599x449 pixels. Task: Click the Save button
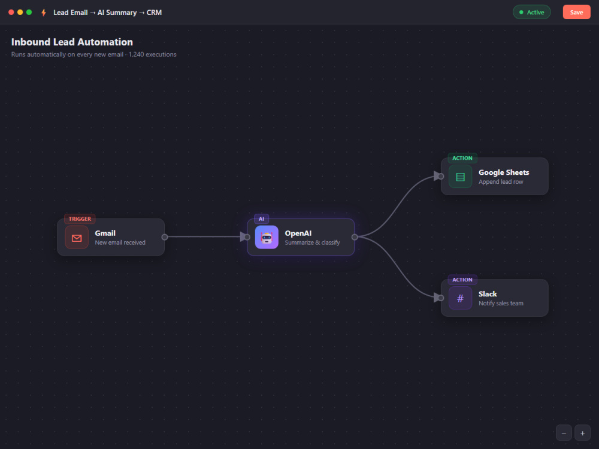point(576,12)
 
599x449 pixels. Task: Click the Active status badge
point(531,12)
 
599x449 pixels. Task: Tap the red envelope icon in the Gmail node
point(77,237)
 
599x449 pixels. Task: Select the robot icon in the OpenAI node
point(267,237)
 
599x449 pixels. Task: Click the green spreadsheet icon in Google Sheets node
point(460,177)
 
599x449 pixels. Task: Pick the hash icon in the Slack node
point(460,298)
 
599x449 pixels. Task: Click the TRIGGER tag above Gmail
point(80,219)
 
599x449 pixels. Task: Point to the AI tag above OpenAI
point(261,219)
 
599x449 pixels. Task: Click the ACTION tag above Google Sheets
point(462,158)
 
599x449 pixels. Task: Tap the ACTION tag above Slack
point(462,280)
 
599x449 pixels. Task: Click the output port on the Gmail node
point(165,237)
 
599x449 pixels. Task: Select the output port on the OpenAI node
point(355,237)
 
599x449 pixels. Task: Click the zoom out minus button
point(564,433)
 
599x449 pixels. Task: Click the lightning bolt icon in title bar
point(44,13)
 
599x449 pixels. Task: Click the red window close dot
point(11,12)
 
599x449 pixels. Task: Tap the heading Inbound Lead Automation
point(72,42)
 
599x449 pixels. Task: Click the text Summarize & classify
point(312,242)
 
